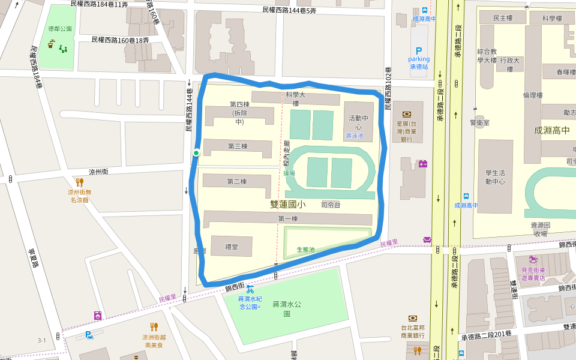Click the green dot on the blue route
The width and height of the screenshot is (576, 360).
tap(196, 153)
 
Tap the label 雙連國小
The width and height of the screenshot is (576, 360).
tap(288, 205)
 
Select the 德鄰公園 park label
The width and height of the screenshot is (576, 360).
tap(60, 29)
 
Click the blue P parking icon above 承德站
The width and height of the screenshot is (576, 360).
tap(419, 52)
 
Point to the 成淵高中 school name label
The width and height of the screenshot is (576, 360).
tap(551, 130)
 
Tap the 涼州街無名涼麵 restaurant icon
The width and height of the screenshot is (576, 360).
tap(80, 182)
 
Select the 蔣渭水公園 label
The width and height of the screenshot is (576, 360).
tap(286, 308)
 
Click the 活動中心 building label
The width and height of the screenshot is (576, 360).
tap(355, 122)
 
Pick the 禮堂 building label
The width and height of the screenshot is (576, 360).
tap(232, 246)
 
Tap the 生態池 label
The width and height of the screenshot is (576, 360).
tap(305, 250)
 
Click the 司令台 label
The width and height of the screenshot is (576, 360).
tap(331, 205)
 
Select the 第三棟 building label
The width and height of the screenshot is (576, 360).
tap(238, 146)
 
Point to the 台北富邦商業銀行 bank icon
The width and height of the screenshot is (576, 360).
tap(413, 318)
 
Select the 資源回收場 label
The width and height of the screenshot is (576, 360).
tap(539, 229)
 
